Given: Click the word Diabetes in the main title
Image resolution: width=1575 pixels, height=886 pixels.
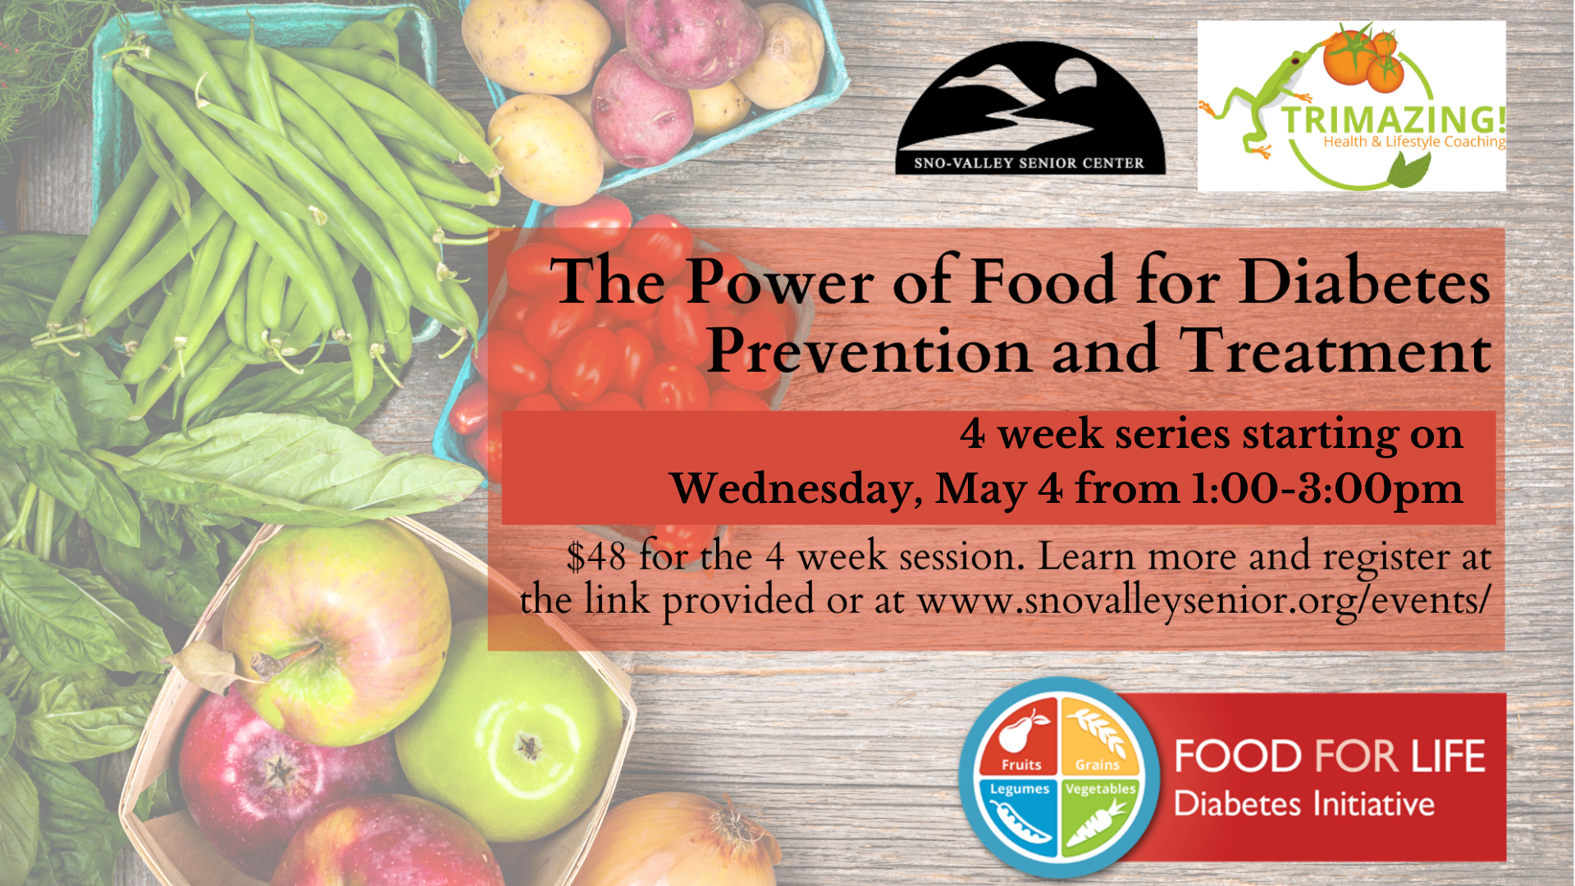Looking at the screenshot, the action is (1364, 281).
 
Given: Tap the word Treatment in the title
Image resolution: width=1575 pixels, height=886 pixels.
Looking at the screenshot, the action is (1335, 350).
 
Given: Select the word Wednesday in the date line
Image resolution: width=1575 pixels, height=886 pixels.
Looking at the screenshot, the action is (791, 489).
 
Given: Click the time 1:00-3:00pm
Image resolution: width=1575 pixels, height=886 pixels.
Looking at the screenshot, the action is (1326, 488).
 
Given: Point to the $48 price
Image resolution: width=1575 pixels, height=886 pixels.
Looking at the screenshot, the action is (596, 556).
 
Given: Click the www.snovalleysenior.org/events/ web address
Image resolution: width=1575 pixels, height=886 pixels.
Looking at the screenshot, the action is (1203, 601).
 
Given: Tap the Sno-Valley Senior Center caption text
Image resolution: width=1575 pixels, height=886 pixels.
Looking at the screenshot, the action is (1029, 162).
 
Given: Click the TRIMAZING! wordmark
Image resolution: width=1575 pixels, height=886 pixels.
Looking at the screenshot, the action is (1394, 120).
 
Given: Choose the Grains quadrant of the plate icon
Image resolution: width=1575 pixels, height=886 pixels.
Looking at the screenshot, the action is (1099, 737).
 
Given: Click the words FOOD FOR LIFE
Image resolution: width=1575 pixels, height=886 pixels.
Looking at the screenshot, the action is (1330, 756).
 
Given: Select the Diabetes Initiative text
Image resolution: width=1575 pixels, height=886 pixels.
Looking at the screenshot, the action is (1304, 804).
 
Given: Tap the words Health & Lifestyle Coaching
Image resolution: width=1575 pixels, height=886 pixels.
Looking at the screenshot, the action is (1414, 142).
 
